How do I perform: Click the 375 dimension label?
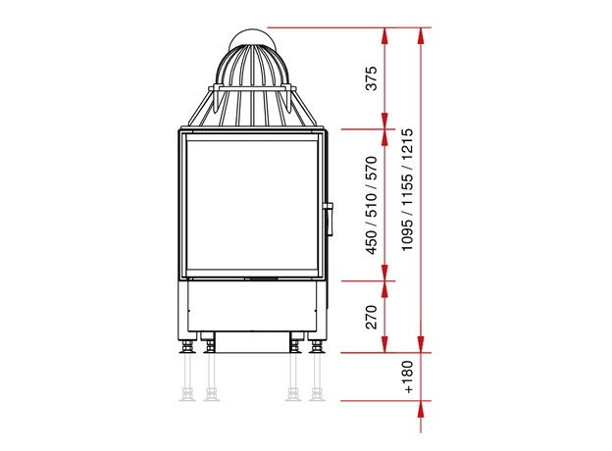tap(372, 78)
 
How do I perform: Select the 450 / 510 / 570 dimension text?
tap(372, 205)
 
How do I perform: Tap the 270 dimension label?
tap(372, 317)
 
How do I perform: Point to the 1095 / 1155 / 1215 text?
tap(407, 190)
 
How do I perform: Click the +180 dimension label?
tap(407, 376)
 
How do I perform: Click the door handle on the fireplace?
tap(330, 220)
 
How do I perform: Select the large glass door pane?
tap(252, 205)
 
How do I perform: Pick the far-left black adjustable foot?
tap(187, 346)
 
